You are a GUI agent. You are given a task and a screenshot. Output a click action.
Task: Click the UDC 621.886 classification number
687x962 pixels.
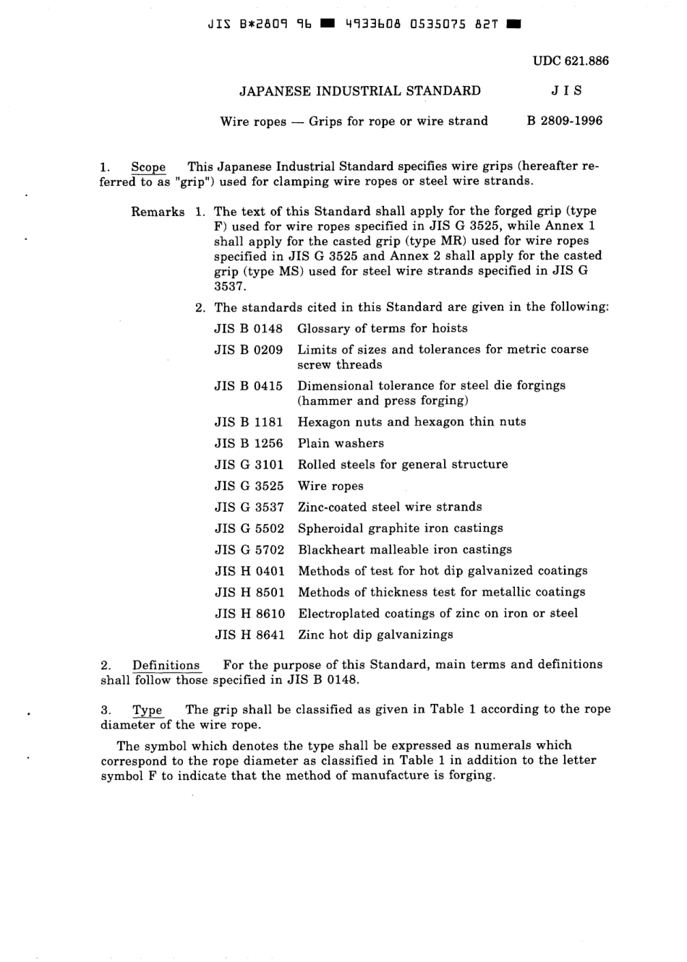(571, 61)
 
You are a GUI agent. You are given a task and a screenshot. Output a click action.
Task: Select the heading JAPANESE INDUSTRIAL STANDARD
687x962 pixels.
(359, 91)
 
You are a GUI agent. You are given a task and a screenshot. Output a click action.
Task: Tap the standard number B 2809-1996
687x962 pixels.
(564, 121)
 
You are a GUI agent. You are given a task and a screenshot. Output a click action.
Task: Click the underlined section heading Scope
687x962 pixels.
(148, 167)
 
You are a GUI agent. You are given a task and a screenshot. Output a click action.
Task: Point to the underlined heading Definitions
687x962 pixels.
(166, 665)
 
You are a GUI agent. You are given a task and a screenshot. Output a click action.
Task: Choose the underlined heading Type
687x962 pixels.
(148, 710)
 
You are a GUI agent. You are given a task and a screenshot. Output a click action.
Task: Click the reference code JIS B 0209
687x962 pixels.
(248, 350)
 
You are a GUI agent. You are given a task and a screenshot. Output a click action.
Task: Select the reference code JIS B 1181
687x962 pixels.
(248, 422)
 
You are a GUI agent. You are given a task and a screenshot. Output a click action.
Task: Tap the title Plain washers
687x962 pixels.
(341, 443)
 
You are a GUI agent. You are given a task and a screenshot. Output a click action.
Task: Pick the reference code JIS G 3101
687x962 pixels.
(249, 465)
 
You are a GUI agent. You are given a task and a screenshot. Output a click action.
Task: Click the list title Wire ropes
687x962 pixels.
(330, 486)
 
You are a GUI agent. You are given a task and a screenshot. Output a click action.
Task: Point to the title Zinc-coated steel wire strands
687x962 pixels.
(390, 507)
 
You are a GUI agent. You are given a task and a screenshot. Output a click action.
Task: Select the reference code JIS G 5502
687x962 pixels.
(249, 529)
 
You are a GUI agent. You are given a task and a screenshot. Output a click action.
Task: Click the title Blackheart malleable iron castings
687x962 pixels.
(404, 550)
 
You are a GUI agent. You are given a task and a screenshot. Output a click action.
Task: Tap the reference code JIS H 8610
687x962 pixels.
(249, 614)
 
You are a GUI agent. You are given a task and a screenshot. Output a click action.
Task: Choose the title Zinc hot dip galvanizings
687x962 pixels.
(375, 635)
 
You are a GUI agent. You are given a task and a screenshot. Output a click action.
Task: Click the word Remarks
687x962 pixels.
(158, 212)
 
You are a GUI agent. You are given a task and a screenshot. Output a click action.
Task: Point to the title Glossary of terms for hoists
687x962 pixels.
(382, 328)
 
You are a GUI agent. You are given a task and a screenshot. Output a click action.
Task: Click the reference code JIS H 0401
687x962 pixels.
(249, 571)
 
